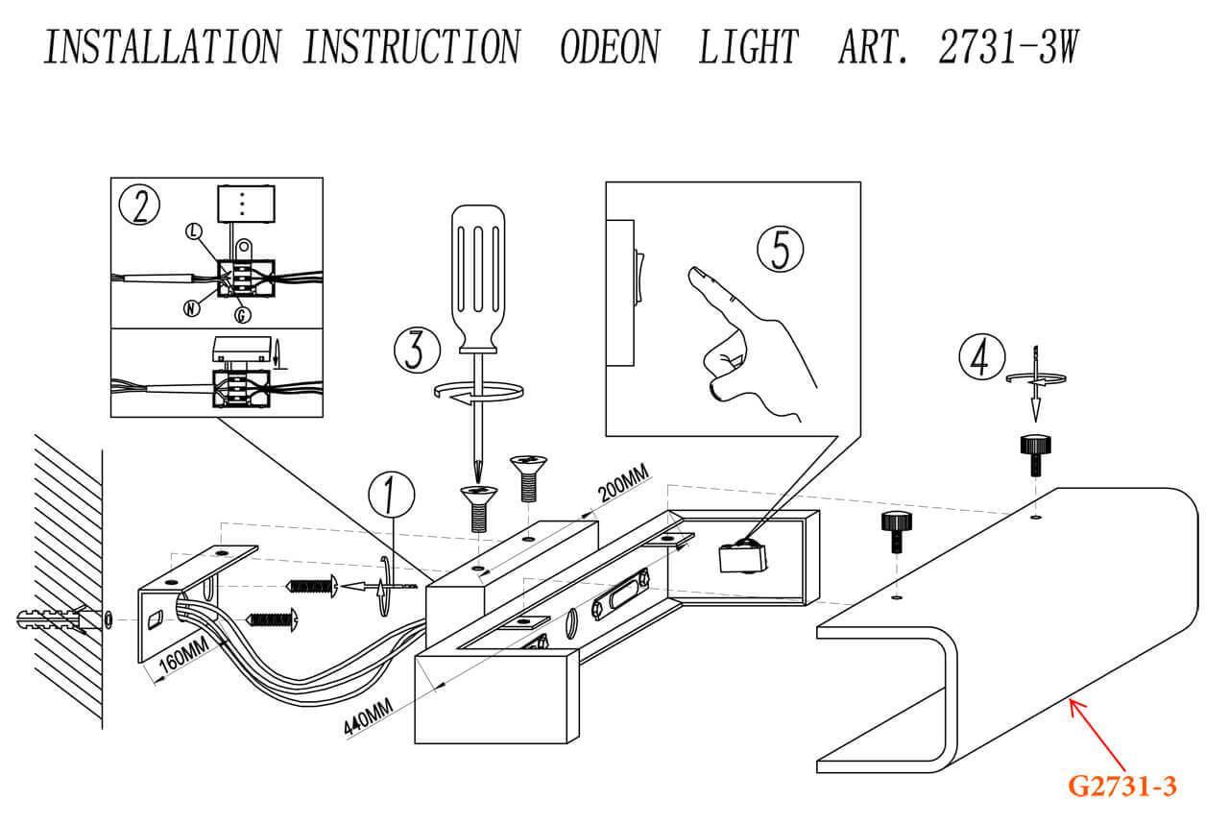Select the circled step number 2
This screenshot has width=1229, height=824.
(x=139, y=205)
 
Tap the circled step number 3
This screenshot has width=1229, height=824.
(x=416, y=350)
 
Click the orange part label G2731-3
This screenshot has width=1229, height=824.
(x=1122, y=787)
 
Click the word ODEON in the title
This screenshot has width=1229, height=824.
(x=609, y=47)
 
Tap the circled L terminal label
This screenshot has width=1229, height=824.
(x=195, y=231)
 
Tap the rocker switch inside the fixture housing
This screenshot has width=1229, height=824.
(x=741, y=558)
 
